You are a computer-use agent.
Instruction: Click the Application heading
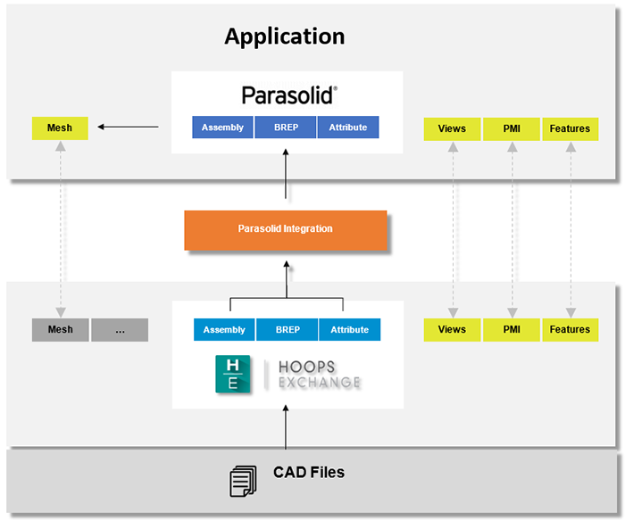click(x=284, y=37)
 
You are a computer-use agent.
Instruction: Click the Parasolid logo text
click(x=287, y=95)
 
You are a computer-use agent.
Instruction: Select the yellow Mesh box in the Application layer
click(x=60, y=128)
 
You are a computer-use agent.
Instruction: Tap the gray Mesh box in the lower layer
click(x=60, y=329)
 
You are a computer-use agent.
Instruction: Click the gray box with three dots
click(x=120, y=329)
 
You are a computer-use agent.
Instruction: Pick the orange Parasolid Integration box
click(x=285, y=229)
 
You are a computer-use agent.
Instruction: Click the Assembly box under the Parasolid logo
click(x=222, y=128)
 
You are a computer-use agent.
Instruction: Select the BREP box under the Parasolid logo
click(x=286, y=128)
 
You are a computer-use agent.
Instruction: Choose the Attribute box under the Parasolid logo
click(x=347, y=128)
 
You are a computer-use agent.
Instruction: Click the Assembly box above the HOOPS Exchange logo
click(x=224, y=329)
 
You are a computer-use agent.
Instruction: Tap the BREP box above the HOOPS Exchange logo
click(x=287, y=329)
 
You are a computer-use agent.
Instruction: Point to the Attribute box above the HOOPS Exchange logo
click(x=349, y=329)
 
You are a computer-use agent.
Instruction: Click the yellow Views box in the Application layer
click(x=452, y=128)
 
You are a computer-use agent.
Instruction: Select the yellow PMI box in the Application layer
click(x=511, y=128)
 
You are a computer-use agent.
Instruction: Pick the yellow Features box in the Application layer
click(x=570, y=128)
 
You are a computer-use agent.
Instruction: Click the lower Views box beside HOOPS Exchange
click(x=452, y=329)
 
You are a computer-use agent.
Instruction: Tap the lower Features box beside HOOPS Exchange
click(x=570, y=329)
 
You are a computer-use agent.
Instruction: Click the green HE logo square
click(x=232, y=373)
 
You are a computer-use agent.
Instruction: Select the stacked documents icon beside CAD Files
click(x=242, y=481)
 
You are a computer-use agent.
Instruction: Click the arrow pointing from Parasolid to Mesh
click(x=128, y=127)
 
